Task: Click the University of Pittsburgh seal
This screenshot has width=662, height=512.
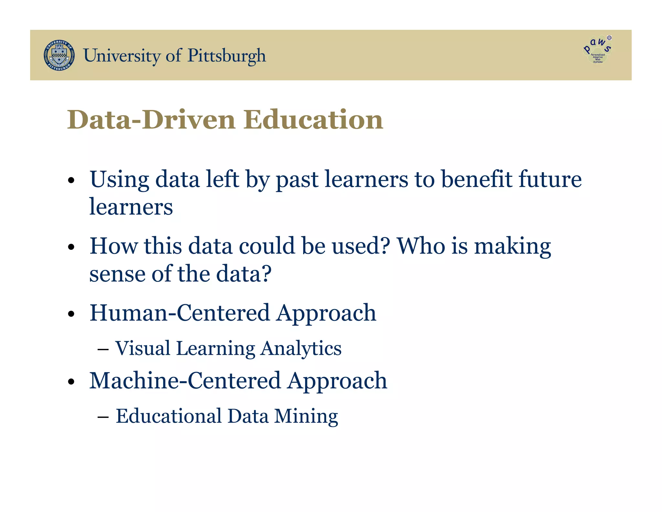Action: (59, 55)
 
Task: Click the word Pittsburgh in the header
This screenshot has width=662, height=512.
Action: (227, 56)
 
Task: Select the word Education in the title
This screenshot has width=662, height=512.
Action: (313, 120)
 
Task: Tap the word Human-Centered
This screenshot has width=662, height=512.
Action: (179, 313)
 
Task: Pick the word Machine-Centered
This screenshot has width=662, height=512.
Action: (185, 381)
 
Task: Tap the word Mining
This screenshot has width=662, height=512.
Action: (306, 417)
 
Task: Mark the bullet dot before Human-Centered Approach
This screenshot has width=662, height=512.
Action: (71, 314)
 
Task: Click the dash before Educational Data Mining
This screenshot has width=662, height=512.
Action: (103, 417)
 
